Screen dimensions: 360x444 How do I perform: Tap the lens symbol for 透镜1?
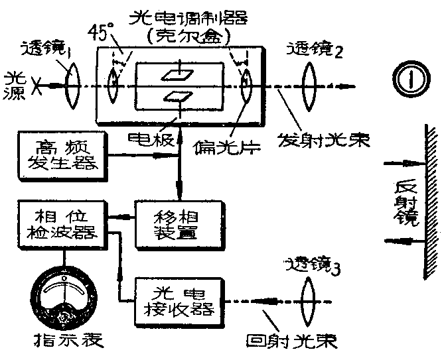point(72,86)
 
